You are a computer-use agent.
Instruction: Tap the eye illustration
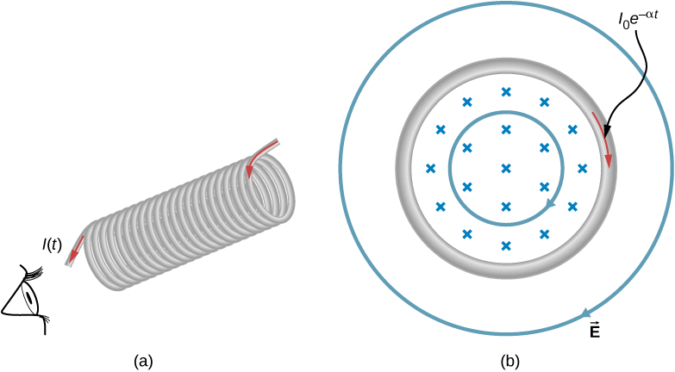(25, 298)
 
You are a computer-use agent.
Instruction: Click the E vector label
(595, 329)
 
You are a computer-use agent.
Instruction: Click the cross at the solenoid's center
(506, 168)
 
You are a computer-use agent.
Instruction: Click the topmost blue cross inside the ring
(506, 92)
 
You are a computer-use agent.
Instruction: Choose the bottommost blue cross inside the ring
(506, 245)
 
